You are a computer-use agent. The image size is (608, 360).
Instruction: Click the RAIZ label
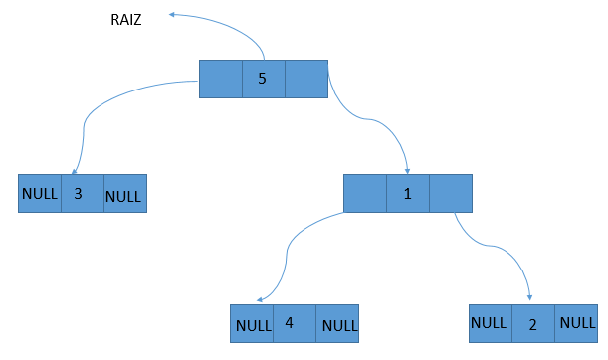[x=126, y=20]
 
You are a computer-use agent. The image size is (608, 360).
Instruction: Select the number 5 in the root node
[x=263, y=79]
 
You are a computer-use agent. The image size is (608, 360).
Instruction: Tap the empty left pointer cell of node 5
[x=221, y=79]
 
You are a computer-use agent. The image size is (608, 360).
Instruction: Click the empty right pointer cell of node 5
[x=305, y=79]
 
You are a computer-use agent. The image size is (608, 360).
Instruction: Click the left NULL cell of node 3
[x=40, y=193]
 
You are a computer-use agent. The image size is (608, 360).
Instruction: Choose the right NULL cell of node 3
[x=124, y=194]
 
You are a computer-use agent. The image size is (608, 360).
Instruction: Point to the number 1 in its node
[x=408, y=193]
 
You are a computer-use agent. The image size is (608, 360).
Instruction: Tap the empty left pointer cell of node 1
[x=365, y=193]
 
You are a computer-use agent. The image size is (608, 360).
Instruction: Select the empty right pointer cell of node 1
[x=451, y=193]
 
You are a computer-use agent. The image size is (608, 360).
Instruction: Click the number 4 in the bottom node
[x=289, y=323]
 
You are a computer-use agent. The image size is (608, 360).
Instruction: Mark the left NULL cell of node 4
[x=252, y=324]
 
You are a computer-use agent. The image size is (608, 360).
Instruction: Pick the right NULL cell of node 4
[x=337, y=324]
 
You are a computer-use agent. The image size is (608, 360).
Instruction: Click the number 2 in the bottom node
[x=532, y=323]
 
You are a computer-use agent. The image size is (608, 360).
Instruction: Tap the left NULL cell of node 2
[x=490, y=322]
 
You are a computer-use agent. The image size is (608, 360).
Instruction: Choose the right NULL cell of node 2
[x=576, y=322]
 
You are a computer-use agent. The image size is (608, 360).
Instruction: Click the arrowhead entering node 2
[x=529, y=299]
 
